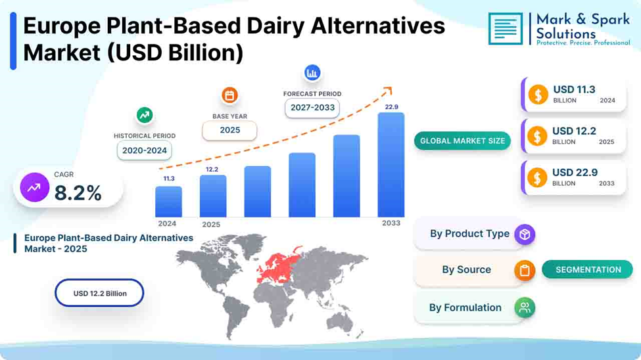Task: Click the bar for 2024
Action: tap(168, 202)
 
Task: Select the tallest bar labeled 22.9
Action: tap(391, 165)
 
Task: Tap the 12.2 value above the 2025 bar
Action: tap(212, 169)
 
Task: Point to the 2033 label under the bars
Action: tap(391, 223)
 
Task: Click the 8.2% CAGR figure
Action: tap(78, 193)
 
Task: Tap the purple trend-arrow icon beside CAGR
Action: tap(34, 188)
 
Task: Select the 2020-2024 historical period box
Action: tap(144, 150)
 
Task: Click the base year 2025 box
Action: tap(229, 130)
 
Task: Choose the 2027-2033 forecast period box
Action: tap(312, 108)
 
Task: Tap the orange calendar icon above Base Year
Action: tap(229, 96)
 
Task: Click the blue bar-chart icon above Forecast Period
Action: tap(312, 73)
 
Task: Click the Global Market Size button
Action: tap(462, 141)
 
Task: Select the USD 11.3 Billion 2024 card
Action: tap(574, 95)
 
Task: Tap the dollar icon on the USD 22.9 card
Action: tap(537, 178)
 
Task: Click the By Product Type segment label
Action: tap(469, 234)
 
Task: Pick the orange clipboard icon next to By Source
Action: tap(525, 270)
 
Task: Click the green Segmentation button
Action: tap(588, 270)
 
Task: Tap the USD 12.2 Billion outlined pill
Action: tap(99, 293)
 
